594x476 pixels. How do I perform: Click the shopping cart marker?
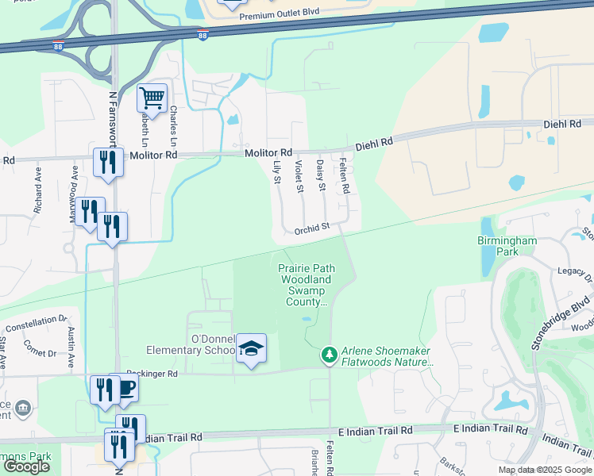(152, 98)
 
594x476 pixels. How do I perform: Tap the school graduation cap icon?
(251, 348)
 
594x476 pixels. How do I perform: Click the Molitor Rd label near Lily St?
(268, 152)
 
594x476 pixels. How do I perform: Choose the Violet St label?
(299, 176)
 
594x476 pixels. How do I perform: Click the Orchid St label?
(311, 228)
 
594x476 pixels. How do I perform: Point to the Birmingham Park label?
(507, 246)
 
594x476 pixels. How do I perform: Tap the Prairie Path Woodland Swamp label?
(307, 285)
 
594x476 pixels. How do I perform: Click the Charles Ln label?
(172, 126)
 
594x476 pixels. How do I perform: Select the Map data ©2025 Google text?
(544, 470)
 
